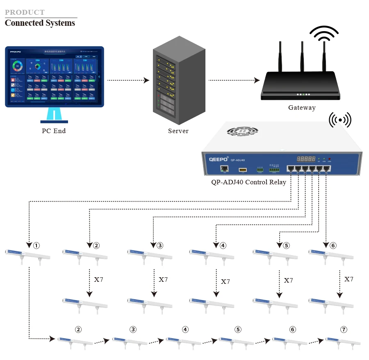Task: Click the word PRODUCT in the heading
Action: point(25,12)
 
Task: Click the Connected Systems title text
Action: point(40,23)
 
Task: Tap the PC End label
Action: point(54,131)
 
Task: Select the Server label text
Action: point(178,131)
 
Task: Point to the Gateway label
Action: point(302,108)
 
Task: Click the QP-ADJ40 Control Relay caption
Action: point(248,182)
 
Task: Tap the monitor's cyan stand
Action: point(54,114)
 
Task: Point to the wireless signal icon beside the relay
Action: point(340,120)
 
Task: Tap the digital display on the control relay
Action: point(306,158)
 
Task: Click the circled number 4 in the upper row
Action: point(223,246)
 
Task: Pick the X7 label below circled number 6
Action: point(348,279)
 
